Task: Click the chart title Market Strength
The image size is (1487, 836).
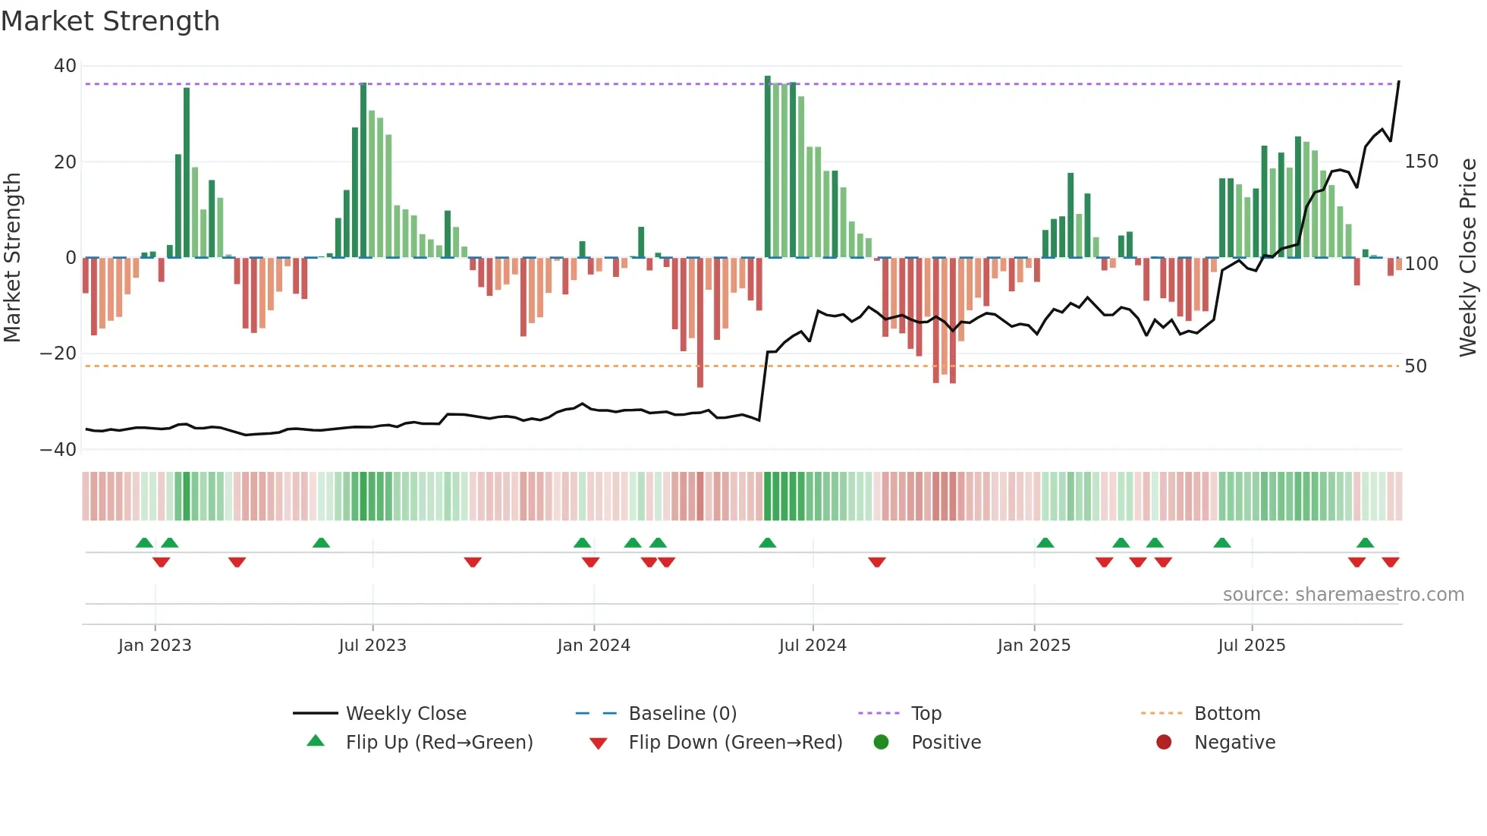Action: pyautogui.click(x=110, y=21)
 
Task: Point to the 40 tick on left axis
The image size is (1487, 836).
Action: pyautogui.click(x=64, y=66)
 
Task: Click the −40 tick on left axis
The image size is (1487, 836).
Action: pyautogui.click(x=58, y=449)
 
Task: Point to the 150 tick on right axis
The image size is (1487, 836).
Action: pyautogui.click(x=1421, y=162)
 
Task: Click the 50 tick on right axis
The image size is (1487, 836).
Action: pyautogui.click(x=1416, y=366)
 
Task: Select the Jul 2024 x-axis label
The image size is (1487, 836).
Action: pyautogui.click(x=813, y=646)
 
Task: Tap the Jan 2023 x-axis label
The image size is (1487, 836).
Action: pyautogui.click(x=155, y=646)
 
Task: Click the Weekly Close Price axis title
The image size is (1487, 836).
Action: pyautogui.click(x=1468, y=257)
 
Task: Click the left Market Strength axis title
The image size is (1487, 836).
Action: pyautogui.click(x=12, y=257)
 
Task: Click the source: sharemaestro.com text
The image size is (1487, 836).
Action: pyautogui.click(x=1343, y=594)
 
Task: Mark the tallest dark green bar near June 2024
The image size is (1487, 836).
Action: pyautogui.click(x=768, y=167)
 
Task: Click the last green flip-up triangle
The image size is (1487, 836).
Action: pyautogui.click(x=1365, y=542)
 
